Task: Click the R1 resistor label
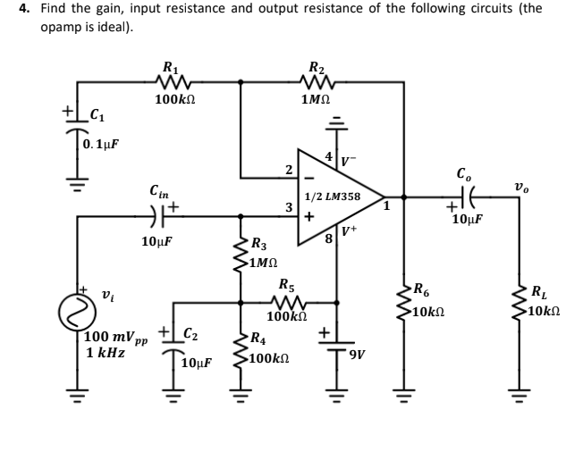pos(169,66)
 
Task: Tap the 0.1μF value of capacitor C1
pos(100,144)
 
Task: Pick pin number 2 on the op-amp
pos(289,169)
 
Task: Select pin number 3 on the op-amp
pos(289,207)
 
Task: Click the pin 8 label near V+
pos(328,238)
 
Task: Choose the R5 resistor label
pos(288,285)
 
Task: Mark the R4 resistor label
pos(258,339)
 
